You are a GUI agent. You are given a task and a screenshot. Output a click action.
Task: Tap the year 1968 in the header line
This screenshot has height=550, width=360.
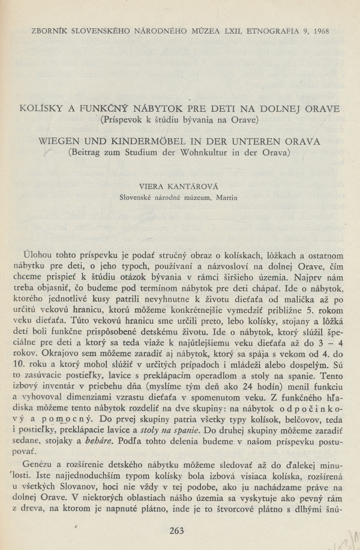click(320, 29)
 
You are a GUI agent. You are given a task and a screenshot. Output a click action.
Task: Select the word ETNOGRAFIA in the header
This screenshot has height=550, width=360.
click(268, 29)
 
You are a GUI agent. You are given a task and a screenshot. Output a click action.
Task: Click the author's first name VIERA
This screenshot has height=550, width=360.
click(152, 186)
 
